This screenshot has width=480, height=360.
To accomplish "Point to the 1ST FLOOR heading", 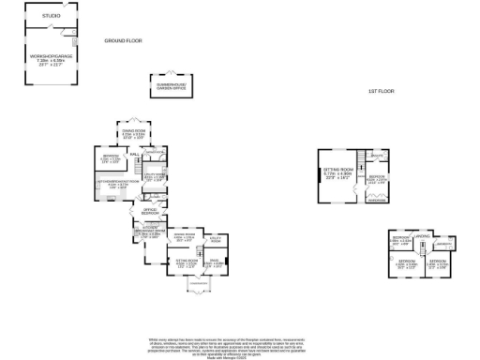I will pyautogui.click(x=380, y=91).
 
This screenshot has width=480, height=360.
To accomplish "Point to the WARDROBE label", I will pyautogui.click(x=378, y=200).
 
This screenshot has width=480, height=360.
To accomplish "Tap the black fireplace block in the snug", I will pyautogui.click(x=228, y=263).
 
